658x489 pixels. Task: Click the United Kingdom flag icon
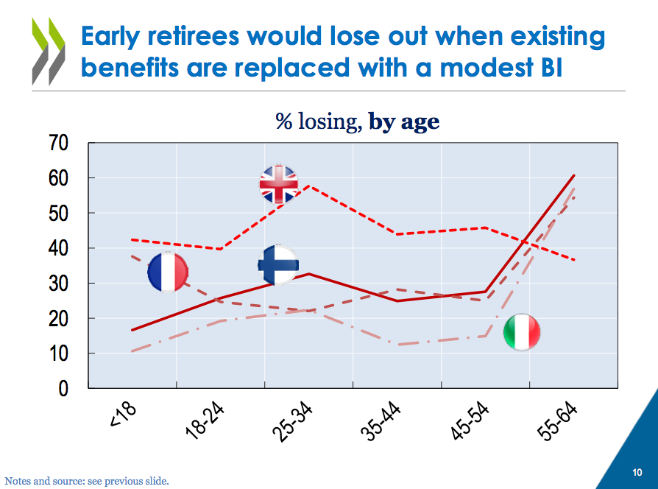[279, 183]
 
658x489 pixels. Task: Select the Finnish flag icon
[279, 264]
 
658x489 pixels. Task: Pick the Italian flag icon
[522, 332]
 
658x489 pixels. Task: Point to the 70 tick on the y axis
[59, 143]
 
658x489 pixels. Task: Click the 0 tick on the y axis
[63, 388]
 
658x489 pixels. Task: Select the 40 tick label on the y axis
[59, 248]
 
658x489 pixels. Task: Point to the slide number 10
[637, 472]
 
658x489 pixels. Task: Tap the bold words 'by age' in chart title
[404, 122]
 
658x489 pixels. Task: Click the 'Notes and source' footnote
[87, 481]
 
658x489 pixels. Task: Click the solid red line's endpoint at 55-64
[574, 175]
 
